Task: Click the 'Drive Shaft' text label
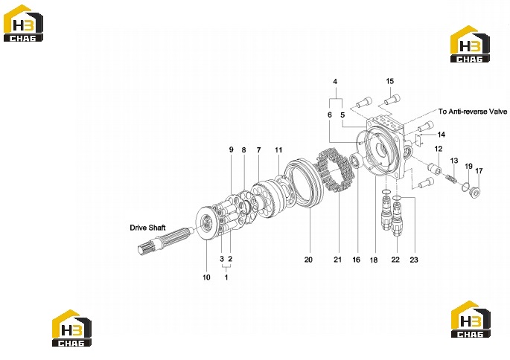pos(147,228)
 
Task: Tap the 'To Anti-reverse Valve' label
pos(473,112)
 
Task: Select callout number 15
pos(389,81)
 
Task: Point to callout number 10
pos(206,277)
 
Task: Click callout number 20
pos(308,260)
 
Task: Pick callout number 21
pos(338,260)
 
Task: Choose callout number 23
pos(414,260)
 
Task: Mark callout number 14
pos(442,135)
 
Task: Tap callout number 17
pos(479,170)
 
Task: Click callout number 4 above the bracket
pos(335,82)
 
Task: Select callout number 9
pos(232,150)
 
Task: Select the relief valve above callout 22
pos(397,218)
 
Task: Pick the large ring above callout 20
pos(304,184)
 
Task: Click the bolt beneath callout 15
pos(392,99)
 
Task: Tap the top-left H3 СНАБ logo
pos(23,23)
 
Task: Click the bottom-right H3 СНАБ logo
pos(471,319)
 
